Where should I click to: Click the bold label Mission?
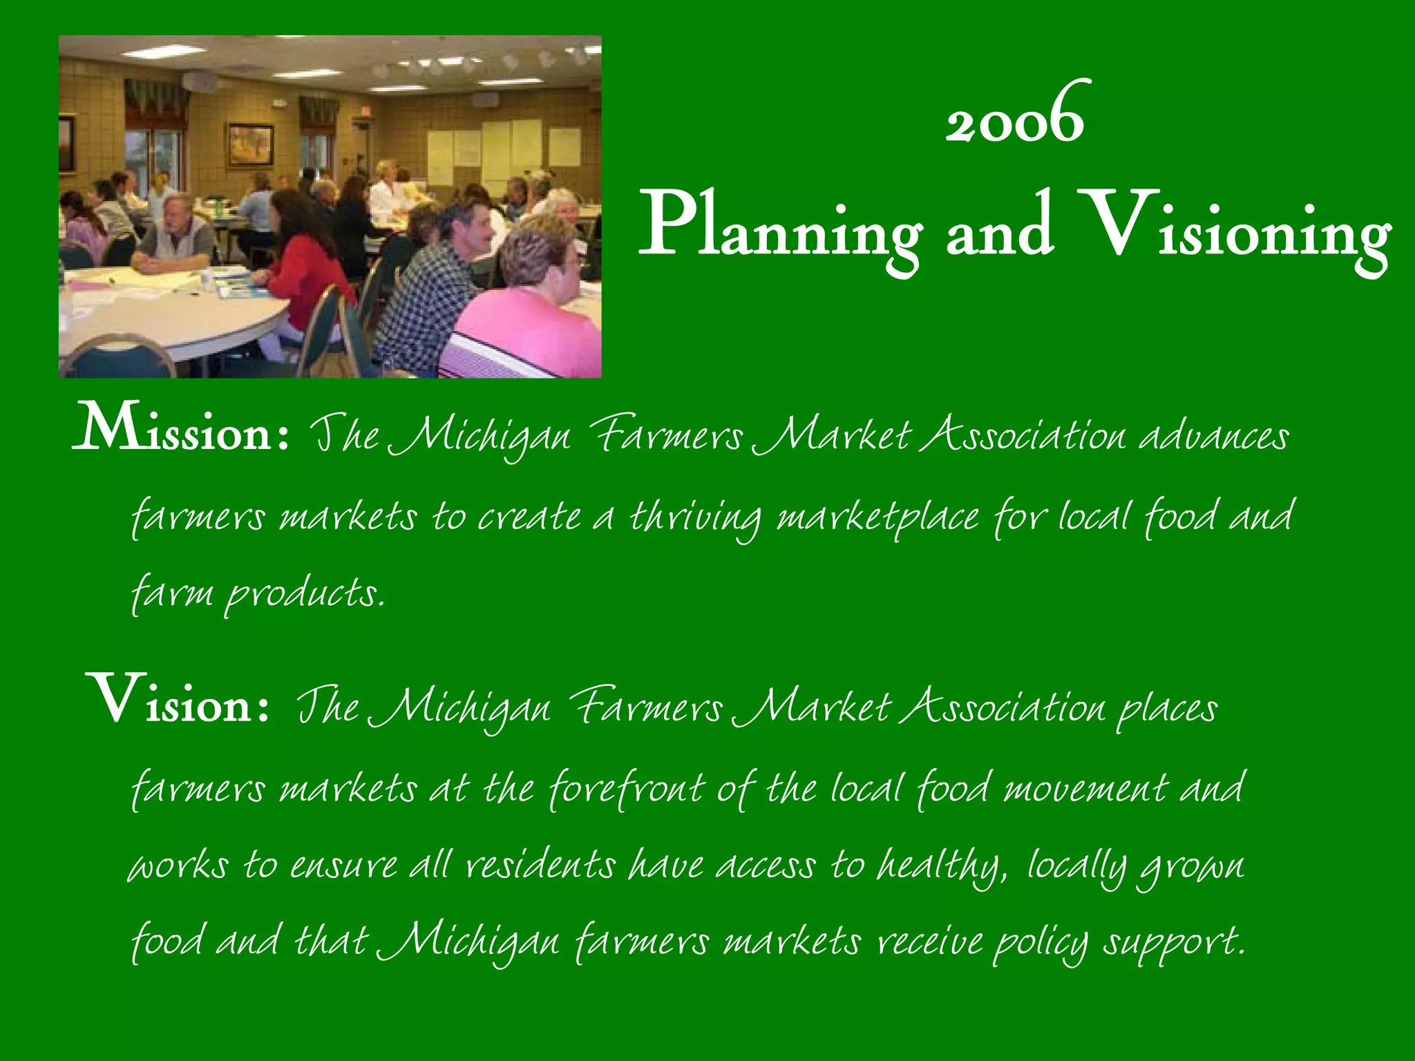181,432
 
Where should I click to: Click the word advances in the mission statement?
1214,437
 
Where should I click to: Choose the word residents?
540,865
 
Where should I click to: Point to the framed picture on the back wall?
250,145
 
